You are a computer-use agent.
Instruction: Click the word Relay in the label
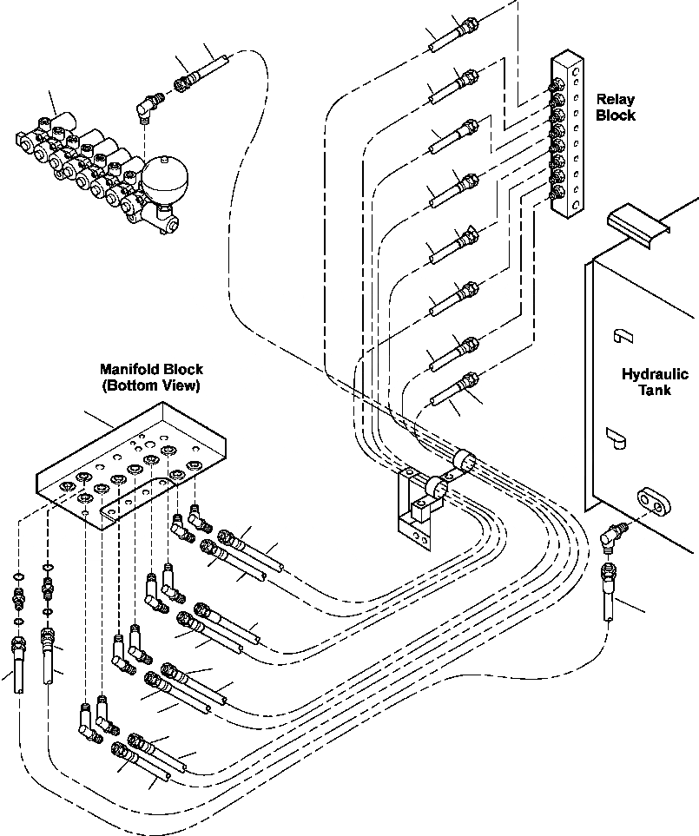616,99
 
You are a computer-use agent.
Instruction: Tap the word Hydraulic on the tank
656,374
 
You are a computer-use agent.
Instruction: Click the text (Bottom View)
151,385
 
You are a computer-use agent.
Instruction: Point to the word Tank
656,390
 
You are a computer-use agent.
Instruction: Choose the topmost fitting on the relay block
557,84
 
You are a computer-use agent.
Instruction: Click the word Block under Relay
616,115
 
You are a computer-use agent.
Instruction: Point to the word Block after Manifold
183,369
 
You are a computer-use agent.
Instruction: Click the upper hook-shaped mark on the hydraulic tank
622,337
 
